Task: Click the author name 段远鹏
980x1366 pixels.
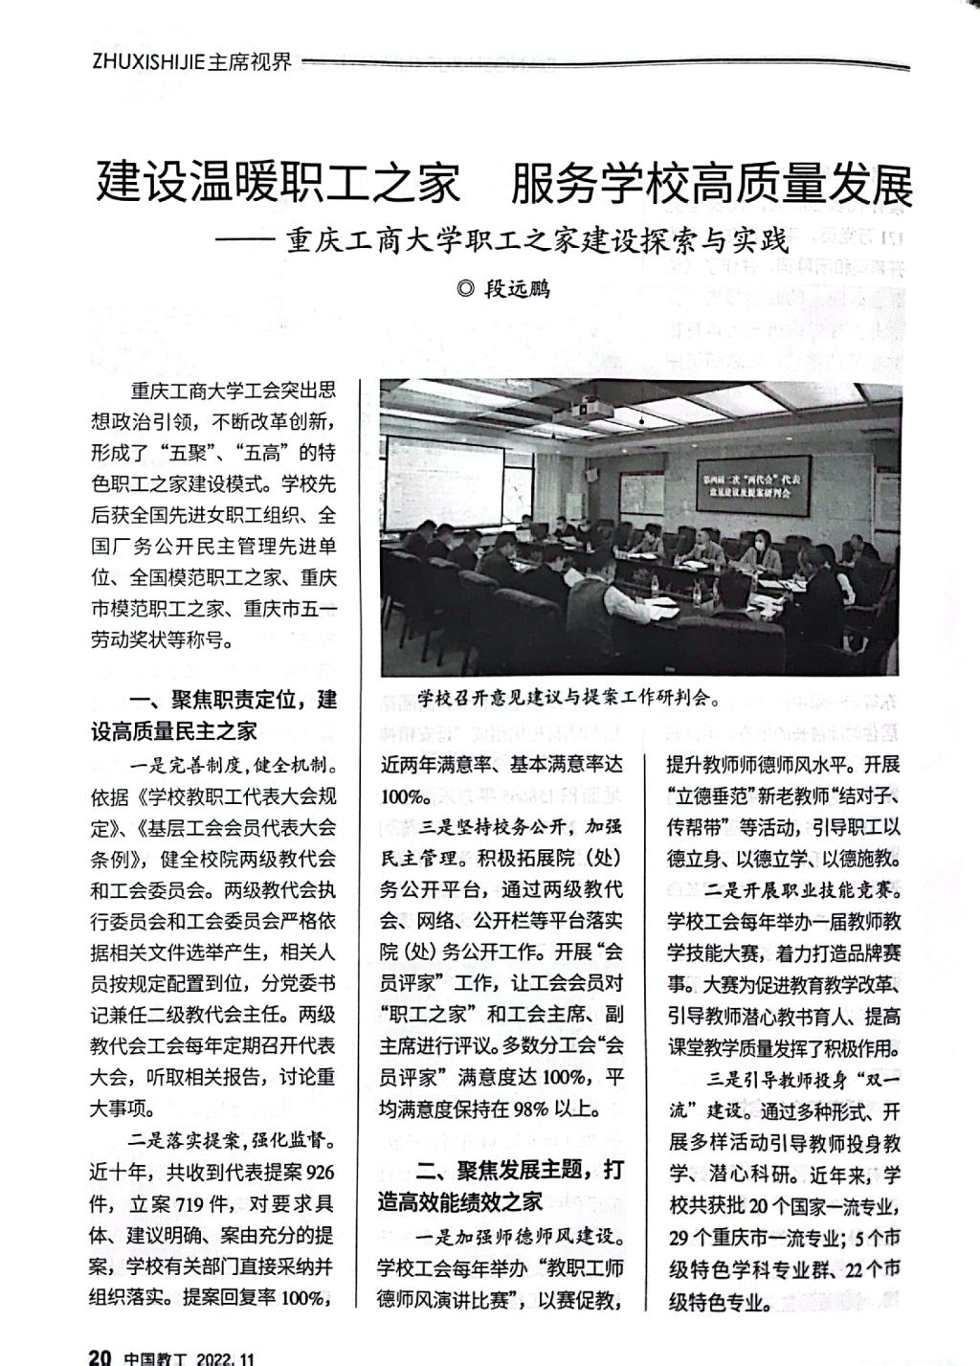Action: point(518,288)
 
